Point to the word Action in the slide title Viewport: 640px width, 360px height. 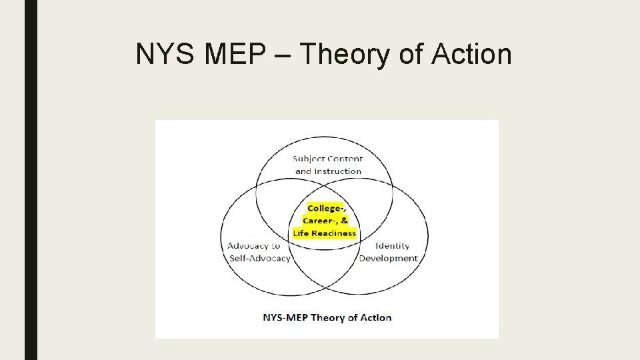point(471,54)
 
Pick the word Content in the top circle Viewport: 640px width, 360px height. point(345,159)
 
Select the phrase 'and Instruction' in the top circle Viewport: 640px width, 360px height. point(328,171)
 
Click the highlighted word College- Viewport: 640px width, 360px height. point(327,208)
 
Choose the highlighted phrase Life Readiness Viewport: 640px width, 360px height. point(325,233)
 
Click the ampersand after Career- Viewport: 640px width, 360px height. point(344,221)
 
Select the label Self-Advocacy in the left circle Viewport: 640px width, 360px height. point(259,258)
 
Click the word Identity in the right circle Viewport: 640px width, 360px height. point(393,245)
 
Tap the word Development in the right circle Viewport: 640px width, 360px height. point(389,258)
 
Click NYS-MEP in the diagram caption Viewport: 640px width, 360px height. point(284,317)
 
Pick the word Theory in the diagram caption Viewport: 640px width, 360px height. point(327,317)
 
